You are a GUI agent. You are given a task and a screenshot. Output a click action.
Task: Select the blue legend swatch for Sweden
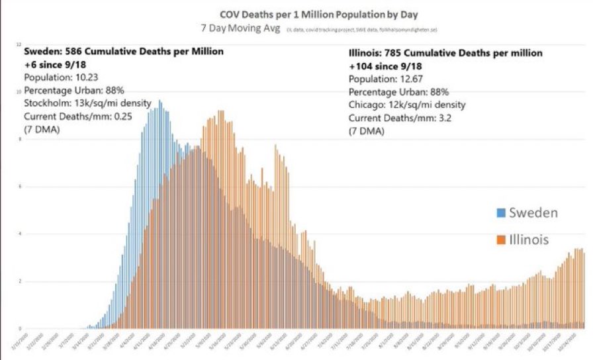(500, 213)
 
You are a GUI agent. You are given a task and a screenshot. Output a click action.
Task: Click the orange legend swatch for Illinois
(500, 240)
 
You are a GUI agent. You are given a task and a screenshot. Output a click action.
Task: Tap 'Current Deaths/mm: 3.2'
(398, 118)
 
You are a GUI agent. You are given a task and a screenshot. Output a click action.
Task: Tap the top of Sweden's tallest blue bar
(160, 101)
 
